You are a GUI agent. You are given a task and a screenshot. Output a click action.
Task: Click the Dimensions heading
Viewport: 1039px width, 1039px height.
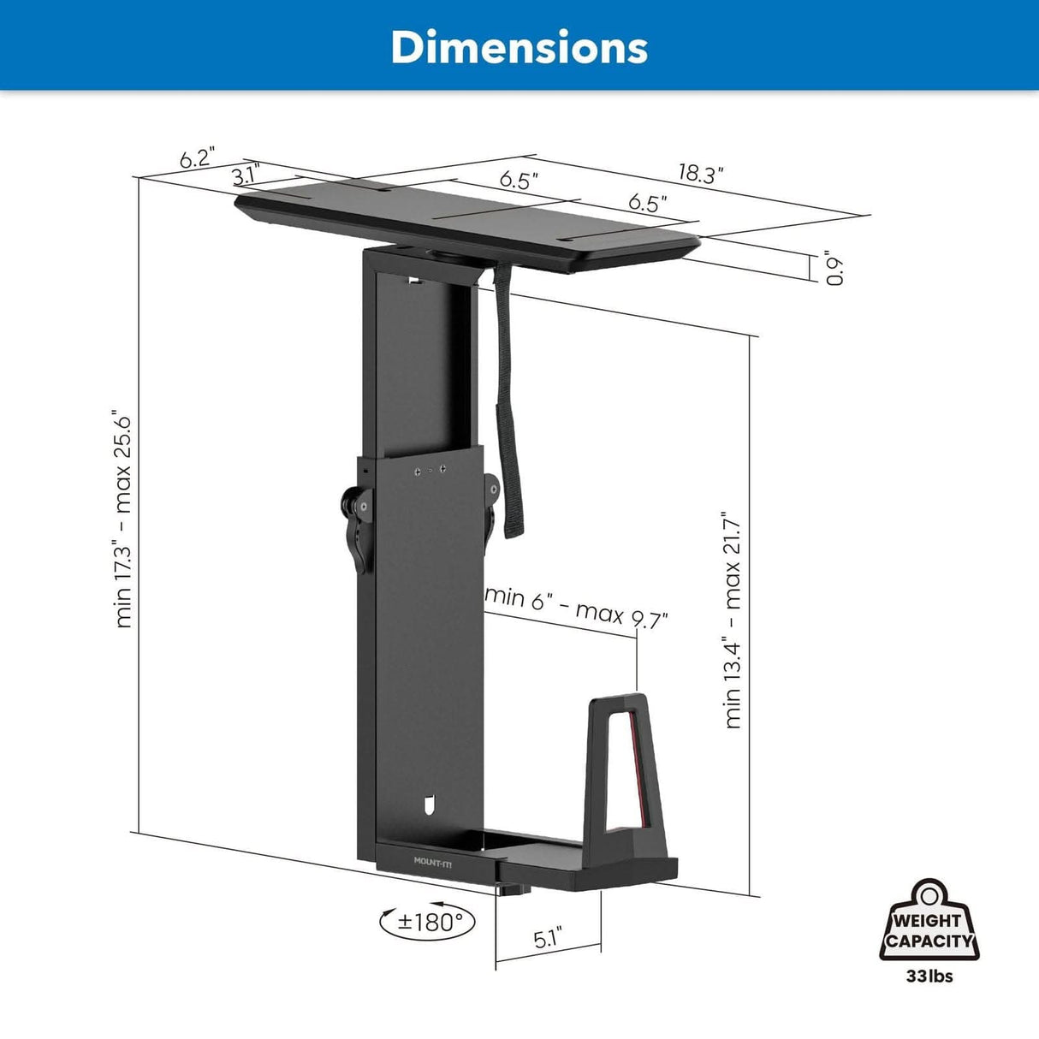(519, 47)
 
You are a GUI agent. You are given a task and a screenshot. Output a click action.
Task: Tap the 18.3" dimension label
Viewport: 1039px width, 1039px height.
(701, 174)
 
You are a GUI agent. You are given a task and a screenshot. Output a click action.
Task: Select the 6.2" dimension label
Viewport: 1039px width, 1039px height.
(196, 159)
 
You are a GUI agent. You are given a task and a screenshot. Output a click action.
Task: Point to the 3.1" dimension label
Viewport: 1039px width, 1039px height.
(245, 176)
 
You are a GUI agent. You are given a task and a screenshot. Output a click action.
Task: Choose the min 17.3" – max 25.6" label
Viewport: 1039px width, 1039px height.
(123, 521)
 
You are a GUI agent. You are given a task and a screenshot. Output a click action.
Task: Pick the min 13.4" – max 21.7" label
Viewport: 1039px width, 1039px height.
(733, 620)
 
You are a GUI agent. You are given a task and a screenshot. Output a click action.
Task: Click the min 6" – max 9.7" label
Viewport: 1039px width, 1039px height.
(576, 606)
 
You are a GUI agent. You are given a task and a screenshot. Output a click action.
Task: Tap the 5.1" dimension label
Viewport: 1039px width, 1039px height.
(548, 939)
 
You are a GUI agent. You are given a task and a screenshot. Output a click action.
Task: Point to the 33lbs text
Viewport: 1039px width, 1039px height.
(929, 976)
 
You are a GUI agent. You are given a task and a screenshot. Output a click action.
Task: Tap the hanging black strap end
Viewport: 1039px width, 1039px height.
(513, 522)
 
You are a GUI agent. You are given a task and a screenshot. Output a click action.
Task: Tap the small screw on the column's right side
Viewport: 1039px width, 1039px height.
(494, 485)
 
